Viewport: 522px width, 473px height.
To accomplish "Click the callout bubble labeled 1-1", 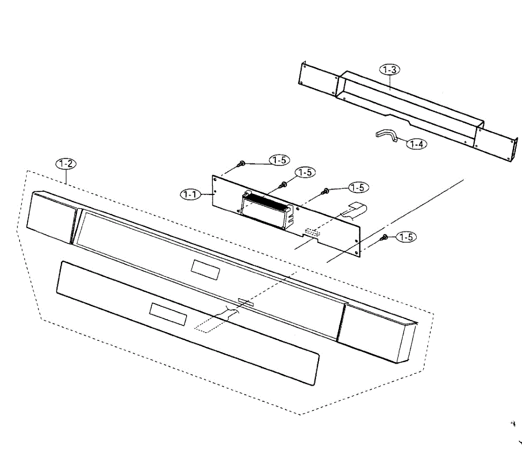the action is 190,194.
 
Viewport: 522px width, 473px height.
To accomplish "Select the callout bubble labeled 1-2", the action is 66,164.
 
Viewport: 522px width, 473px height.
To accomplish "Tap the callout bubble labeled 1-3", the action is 390,69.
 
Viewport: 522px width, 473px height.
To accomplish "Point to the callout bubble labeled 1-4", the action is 416,143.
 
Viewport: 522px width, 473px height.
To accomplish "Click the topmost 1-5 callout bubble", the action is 279,160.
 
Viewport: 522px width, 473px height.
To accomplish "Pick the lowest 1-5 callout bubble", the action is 406,237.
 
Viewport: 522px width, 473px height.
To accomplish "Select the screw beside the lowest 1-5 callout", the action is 385,237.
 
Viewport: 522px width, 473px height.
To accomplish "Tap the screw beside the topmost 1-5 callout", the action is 241,164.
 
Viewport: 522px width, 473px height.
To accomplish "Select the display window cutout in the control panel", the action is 205,270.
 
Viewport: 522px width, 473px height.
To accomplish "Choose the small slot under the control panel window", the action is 245,301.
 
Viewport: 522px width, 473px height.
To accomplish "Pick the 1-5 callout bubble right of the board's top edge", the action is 358,187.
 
